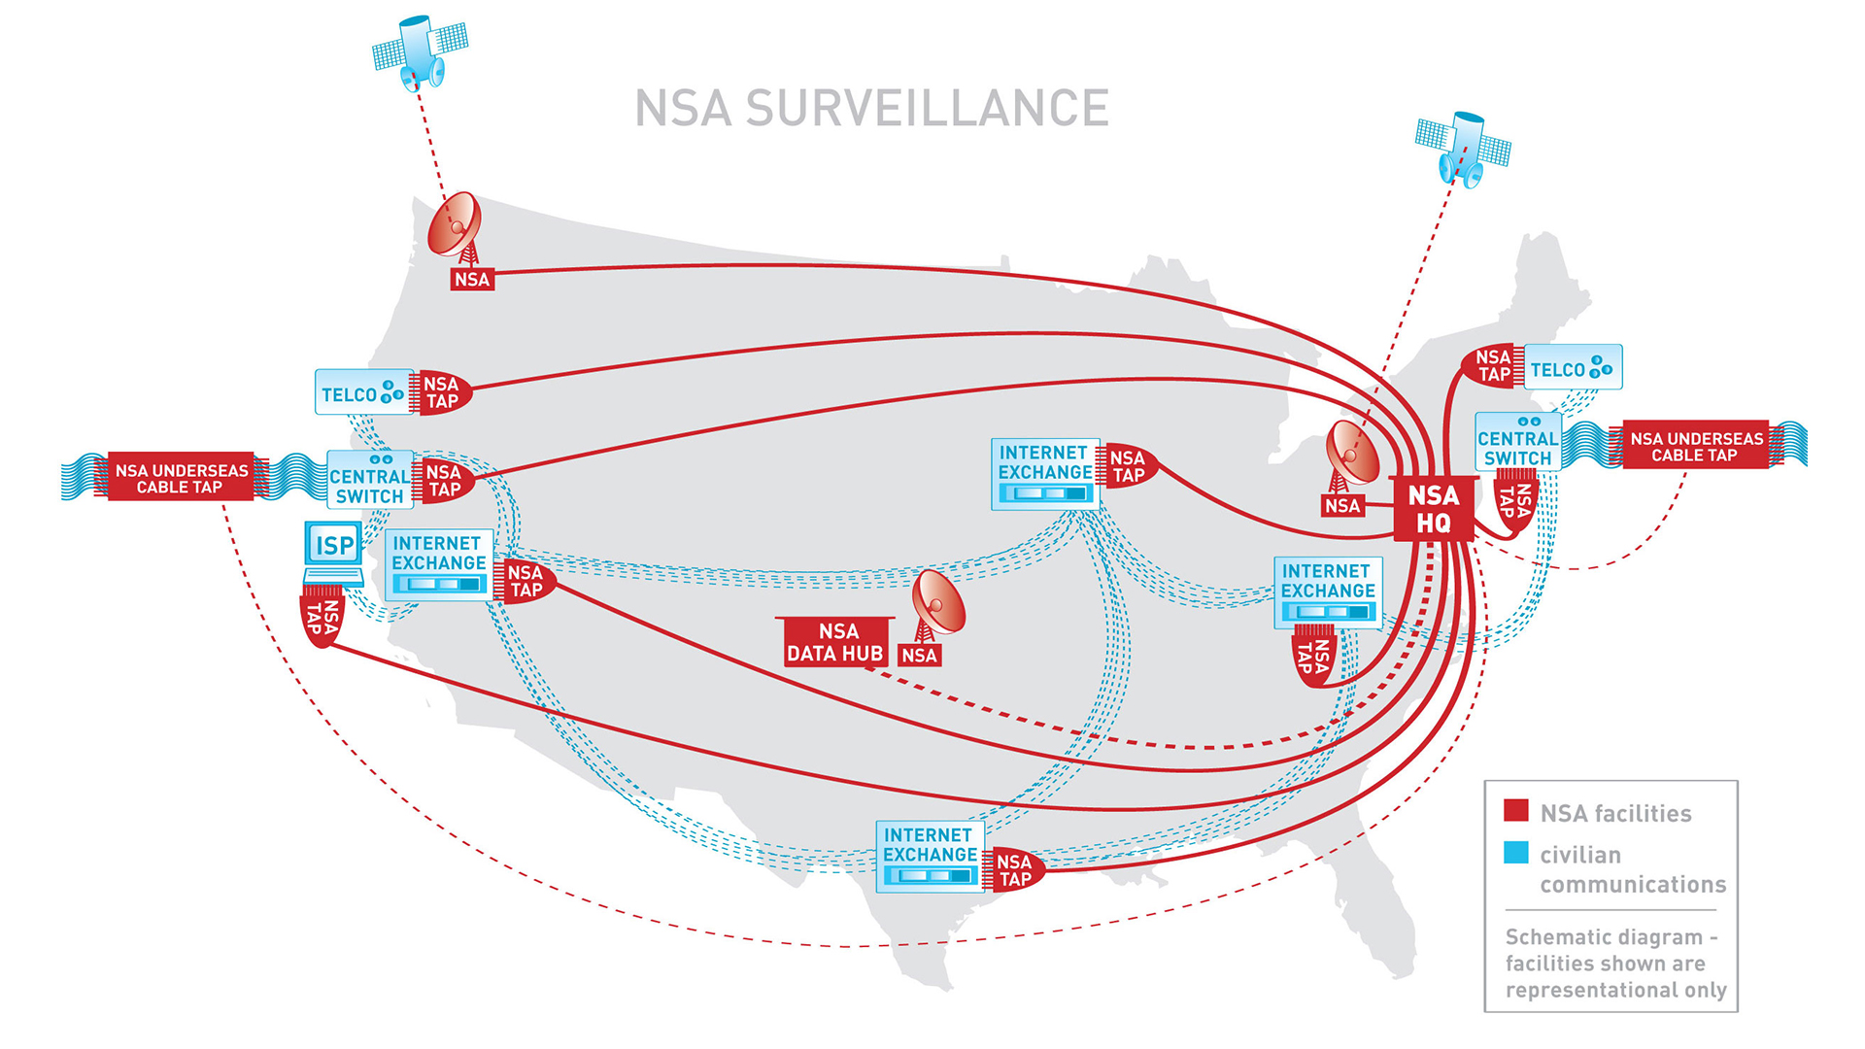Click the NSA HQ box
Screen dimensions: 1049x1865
click(1433, 509)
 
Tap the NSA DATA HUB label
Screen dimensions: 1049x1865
click(834, 643)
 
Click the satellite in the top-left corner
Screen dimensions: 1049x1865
click(421, 49)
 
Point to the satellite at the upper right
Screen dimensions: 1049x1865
click(1463, 148)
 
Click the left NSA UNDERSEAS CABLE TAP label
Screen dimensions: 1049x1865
click(182, 478)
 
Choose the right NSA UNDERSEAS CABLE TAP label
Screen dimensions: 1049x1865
click(1696, 446)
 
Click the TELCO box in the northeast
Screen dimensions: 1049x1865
click(1572, 368)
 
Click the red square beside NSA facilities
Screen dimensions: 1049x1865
click(1515, 811)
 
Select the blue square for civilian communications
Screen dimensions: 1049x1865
click(1515, 853)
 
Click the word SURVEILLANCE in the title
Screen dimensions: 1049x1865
click(927, 108)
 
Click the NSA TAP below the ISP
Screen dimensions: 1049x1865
click(322, 618)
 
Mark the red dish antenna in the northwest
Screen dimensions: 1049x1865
click(456, 225)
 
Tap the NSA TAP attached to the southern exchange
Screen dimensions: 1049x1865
click(1016, 870)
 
